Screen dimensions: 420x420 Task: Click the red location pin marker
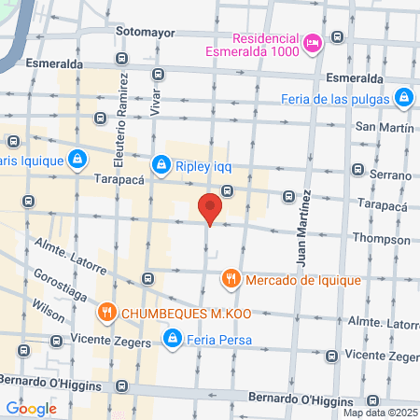[x=210, y=207]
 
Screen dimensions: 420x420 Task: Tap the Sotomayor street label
[x=145, y=31]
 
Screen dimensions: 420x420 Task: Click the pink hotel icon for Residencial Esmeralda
[x=313, y=42]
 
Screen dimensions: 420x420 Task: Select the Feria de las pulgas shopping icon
[x=403, y=97]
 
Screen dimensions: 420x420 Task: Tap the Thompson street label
[x=382, y=238]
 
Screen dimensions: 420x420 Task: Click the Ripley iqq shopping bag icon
[x=162, y=165]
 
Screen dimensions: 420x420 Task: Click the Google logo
[x=31, y=408]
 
